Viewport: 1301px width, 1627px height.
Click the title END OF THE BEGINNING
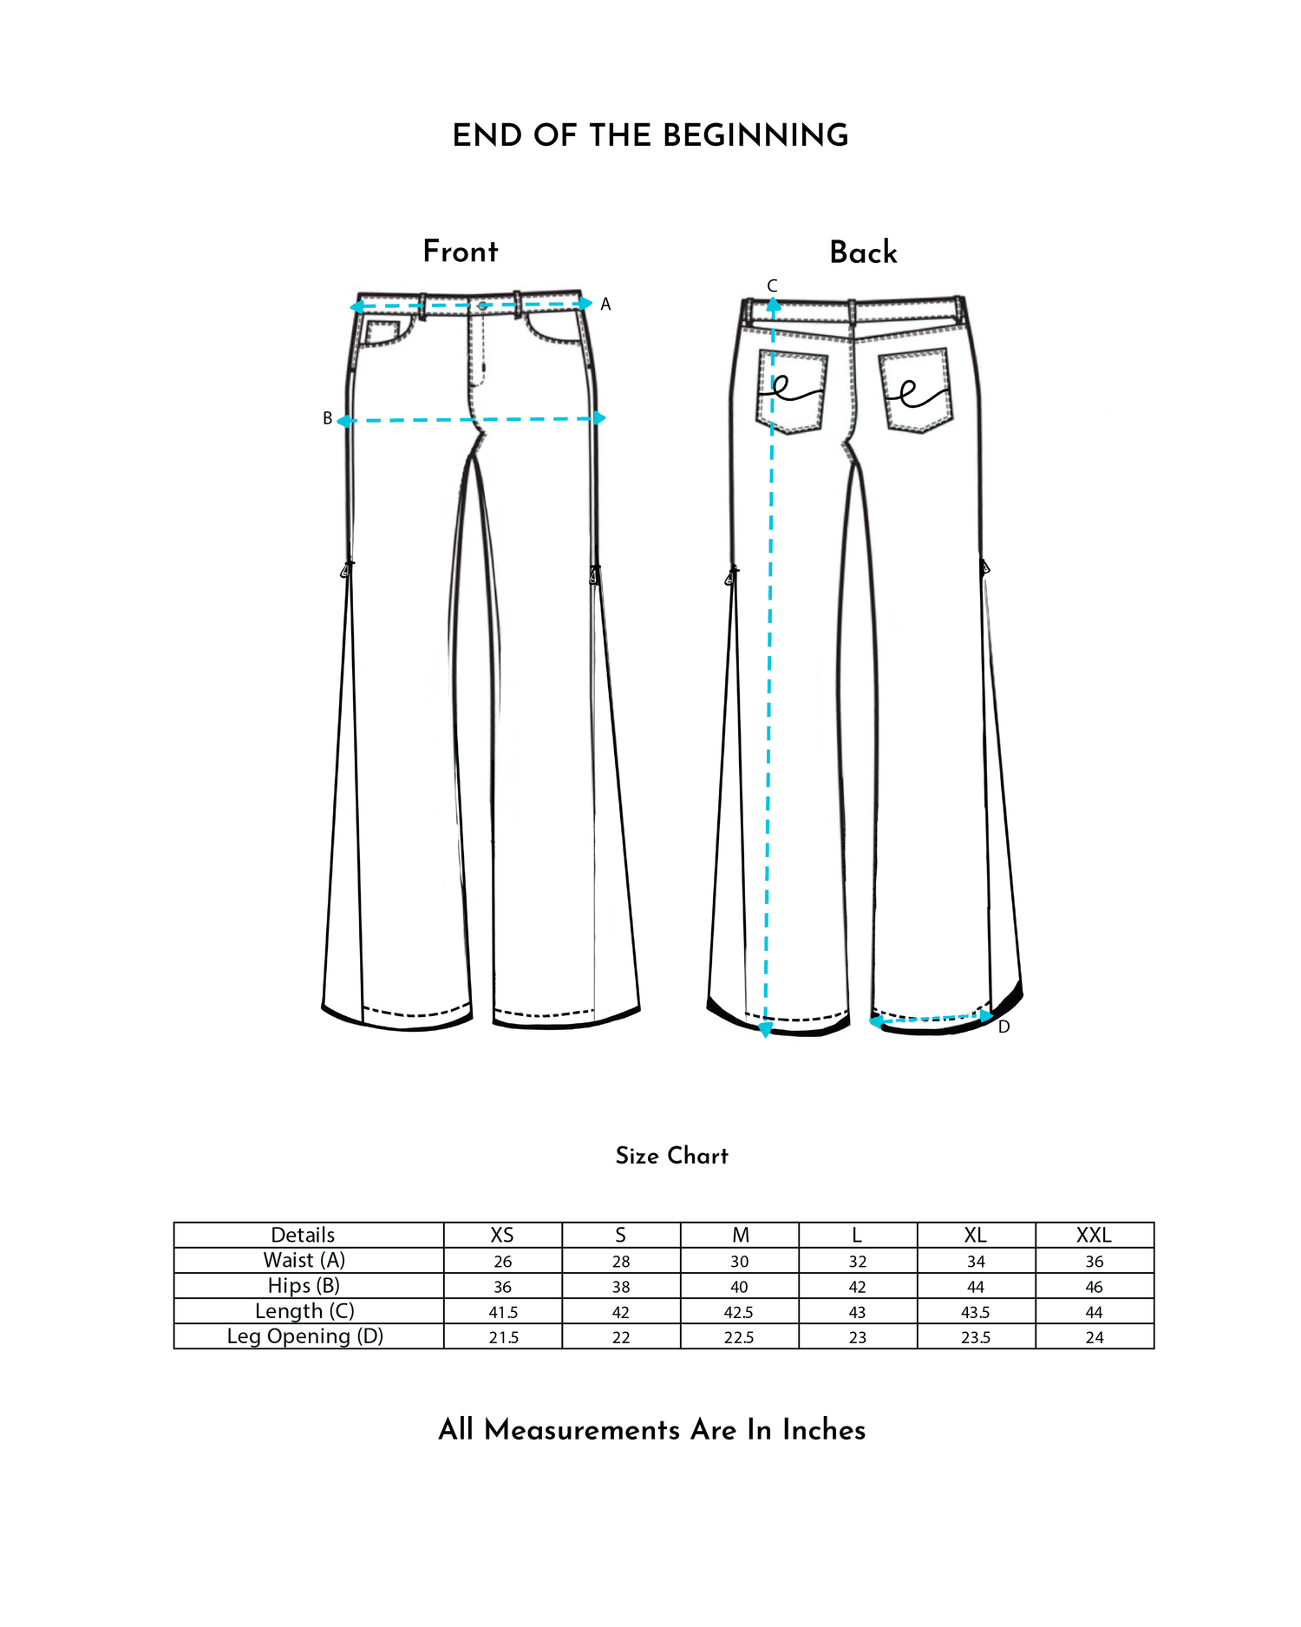[650, 135]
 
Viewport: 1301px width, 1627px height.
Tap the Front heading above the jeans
[461, 252]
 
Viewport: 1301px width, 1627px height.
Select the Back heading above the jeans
[863, 253]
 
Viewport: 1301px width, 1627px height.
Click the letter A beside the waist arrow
[605, 305]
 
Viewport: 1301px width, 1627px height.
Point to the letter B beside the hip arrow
[328, 418]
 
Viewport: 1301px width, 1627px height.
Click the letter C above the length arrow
[772, 285]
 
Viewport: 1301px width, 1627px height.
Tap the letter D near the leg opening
[1004, 1027]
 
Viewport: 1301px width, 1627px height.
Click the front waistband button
[483, 306]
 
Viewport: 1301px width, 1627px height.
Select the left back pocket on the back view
[792, 390]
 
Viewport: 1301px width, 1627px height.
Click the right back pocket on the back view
[915, 390]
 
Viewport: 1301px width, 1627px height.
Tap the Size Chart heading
[672, 1156]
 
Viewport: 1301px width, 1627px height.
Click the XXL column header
[1094, 1235]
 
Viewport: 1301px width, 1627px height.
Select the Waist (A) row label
[304, 1260]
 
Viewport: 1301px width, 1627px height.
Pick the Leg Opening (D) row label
[305, 1336]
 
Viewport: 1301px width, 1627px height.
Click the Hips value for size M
[739, 1287]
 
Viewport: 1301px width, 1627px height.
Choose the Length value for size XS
[503, 1312]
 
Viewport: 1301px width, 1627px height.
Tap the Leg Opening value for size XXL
[1095, 1338]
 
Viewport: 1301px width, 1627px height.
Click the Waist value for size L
[858, 1262]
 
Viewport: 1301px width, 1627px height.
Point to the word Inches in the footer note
[824, 1430]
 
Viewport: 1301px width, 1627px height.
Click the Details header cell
[303, 1235]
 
